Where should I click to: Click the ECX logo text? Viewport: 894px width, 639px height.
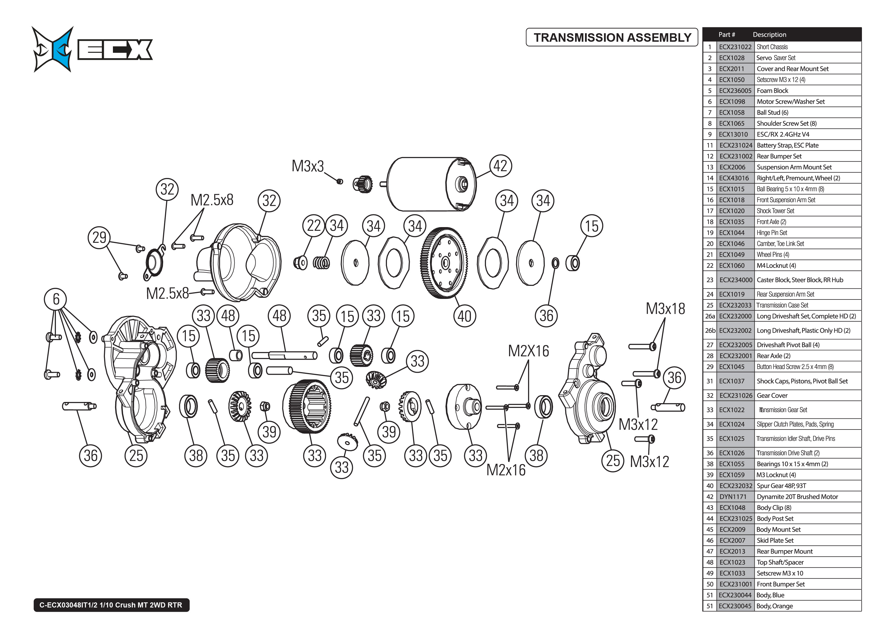pos(115,50)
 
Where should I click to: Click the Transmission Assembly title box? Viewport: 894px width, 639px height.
pos(612,37)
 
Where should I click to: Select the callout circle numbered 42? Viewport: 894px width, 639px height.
pos(500,166)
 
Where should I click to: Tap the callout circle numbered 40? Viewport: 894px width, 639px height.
pos(464,316)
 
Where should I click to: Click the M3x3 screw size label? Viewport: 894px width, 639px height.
pos(308,166)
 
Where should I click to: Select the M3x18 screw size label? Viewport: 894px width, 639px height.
pos(665,309)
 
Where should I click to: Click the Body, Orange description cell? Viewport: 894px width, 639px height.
pos(775,606)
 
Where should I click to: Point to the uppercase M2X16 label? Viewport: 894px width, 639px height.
pos(528,351)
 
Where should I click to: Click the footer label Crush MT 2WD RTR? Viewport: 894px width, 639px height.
pos(111,605)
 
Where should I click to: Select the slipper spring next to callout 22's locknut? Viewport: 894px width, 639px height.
pos(321,263)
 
